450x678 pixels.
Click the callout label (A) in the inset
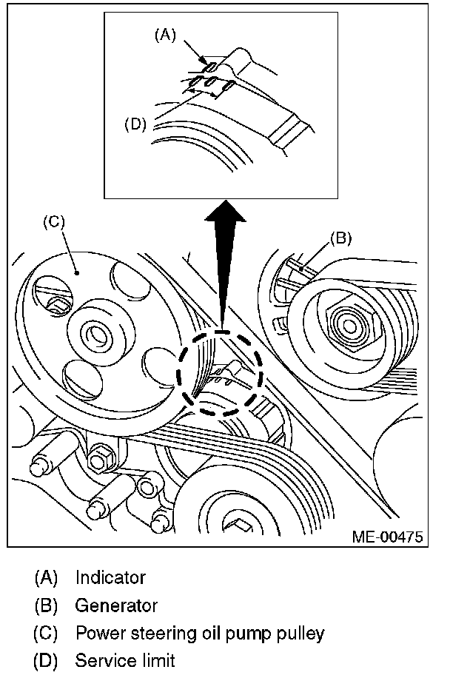click(166, 35)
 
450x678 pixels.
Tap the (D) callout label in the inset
click(135, 124)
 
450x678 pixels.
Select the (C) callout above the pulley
click(54, 222)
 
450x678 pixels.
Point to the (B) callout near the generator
click(340, 238)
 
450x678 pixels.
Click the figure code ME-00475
click(387, 537)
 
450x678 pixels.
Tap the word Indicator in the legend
click(111, 577)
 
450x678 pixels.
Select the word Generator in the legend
click(116, 605)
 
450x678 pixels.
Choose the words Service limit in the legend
click(125, 661)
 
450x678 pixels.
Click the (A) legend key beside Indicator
click(46, 578)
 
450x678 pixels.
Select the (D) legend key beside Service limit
click(46, 661)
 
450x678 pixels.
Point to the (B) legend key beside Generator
click(46, 605)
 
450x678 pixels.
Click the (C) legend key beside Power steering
click(46, 634)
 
